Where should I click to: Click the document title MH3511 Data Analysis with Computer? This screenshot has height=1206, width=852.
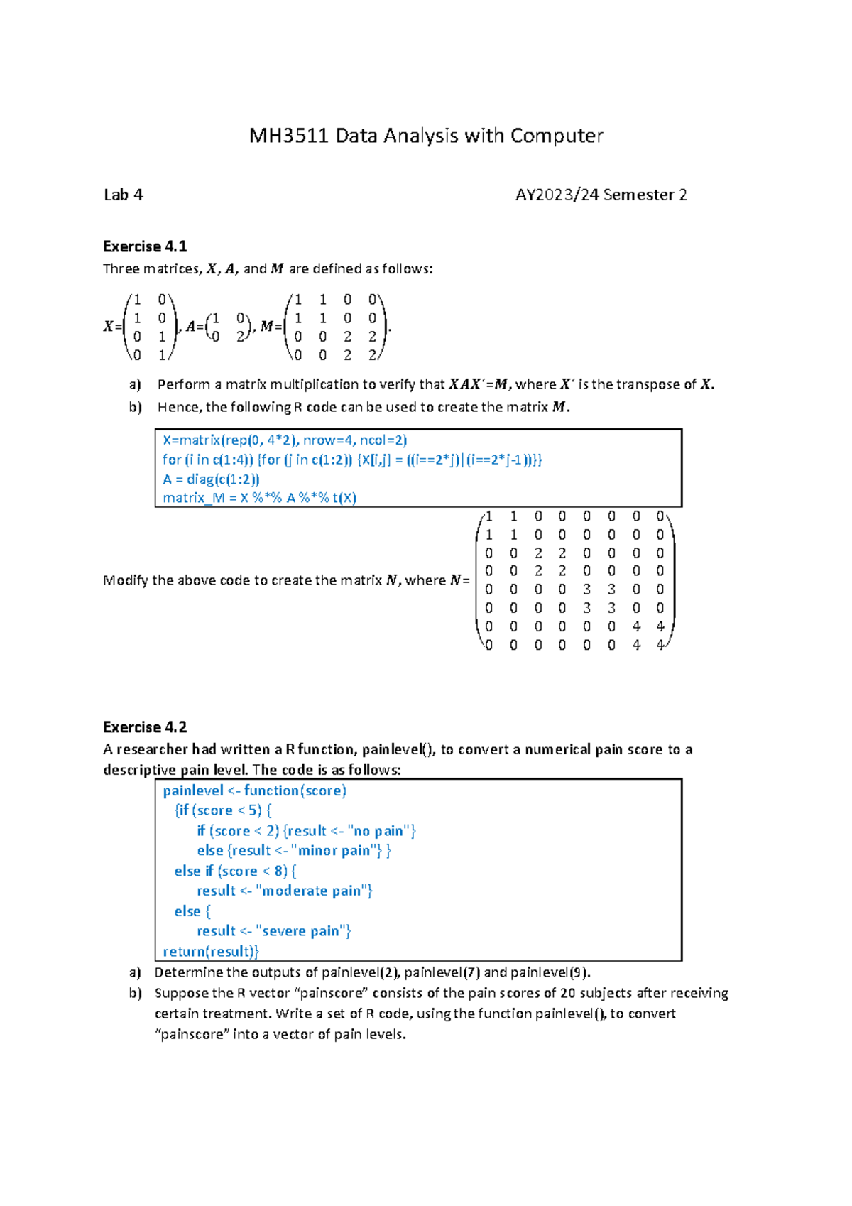[x=425, y=136]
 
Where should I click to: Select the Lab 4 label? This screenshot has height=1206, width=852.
[x=123, y=195]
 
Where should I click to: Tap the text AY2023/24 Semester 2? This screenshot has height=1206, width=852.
[x=601, y=195]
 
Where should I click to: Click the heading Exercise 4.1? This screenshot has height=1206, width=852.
[x=145, y=246]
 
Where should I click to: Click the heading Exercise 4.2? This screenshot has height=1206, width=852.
[x=145, y=727]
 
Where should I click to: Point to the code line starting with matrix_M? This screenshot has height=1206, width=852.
[x=259, y=498]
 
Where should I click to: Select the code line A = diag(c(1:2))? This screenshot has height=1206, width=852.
[x=211, y=479]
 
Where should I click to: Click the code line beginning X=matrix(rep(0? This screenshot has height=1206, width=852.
[x=285, y=440]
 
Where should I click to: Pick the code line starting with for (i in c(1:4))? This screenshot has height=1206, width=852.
[x=351, y=460]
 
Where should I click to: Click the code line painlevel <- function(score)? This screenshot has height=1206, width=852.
[x=254, y=791]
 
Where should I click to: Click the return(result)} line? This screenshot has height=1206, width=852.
[x=211, y=952]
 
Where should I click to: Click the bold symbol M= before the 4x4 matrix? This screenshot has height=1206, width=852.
[x=271, y=327]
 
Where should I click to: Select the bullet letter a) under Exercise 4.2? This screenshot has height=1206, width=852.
[x=135, y=972]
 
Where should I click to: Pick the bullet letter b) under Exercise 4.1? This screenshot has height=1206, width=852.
[x=135, y=407]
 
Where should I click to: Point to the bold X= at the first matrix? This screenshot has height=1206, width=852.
[x=112, y=327]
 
